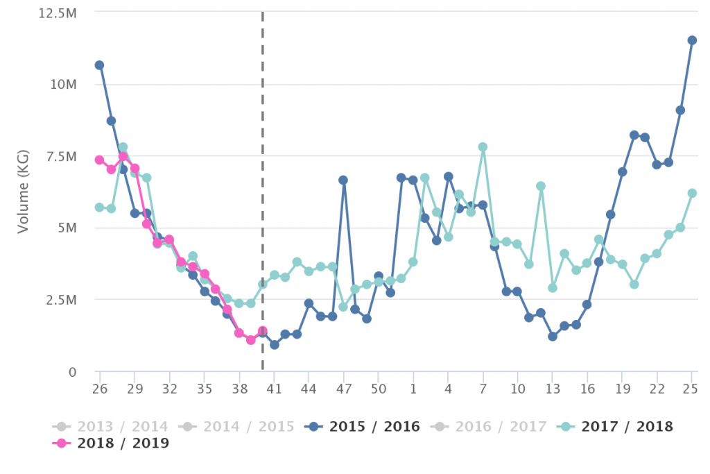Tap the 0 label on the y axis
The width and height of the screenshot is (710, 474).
point(72,372)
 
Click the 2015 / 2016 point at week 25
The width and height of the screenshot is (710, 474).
point(692,40)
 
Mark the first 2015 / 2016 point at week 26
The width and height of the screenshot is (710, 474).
point(99,65)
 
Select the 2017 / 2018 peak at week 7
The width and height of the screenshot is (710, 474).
point(483,147)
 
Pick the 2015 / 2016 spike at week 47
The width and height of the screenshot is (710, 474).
point(343,180)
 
